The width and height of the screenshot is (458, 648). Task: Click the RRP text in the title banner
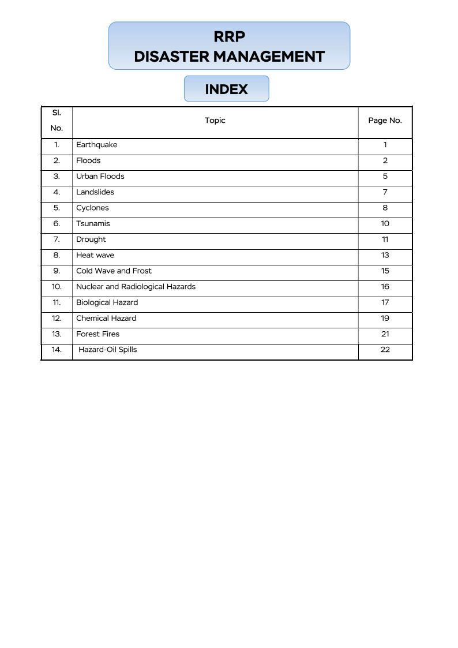229,37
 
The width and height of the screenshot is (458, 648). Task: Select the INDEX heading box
226,89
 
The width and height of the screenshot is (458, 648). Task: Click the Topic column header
215,121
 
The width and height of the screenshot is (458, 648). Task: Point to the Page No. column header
385,121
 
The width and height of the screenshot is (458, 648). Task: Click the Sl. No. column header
57,121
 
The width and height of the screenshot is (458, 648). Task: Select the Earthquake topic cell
96,145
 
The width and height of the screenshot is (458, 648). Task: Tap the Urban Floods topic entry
100,177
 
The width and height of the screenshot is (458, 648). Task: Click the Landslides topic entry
95,192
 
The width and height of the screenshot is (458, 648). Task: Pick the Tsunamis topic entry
93,224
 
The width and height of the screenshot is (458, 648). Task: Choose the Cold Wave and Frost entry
114,271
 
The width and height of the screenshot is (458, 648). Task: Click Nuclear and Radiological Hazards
136,287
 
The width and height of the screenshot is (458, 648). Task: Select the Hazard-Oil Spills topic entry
107,350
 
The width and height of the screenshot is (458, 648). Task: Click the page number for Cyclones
385,208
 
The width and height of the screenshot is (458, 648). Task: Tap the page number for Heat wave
385,255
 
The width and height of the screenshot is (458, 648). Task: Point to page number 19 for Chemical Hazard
385,318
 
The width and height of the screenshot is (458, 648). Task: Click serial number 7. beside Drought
57,239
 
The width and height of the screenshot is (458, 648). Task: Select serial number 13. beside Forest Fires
57,334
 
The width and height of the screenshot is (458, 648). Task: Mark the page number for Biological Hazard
385,302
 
